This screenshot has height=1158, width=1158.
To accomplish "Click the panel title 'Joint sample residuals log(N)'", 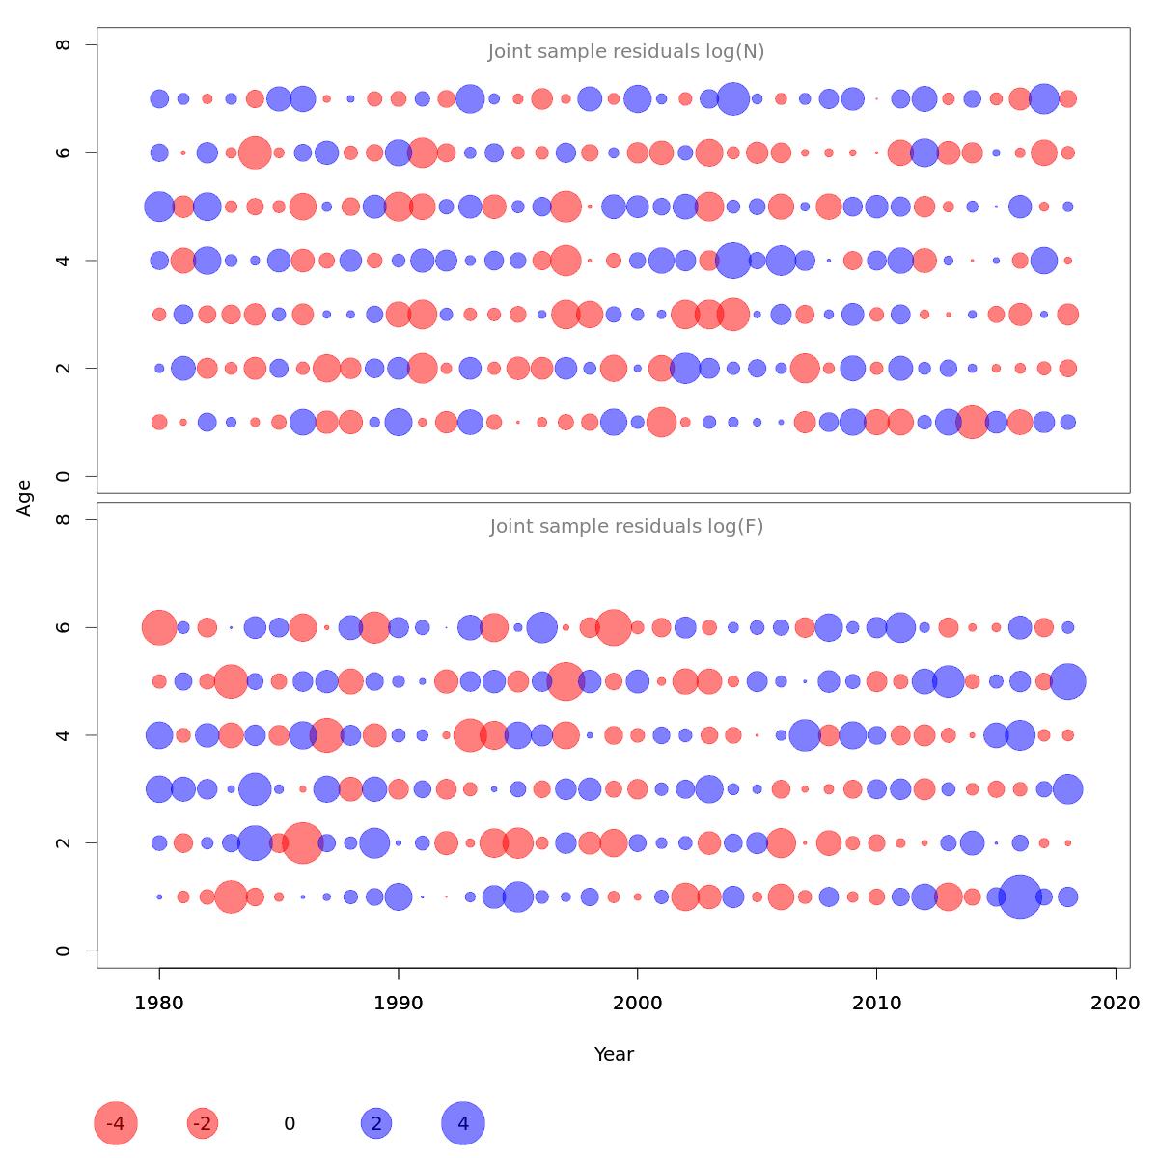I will [626, 52].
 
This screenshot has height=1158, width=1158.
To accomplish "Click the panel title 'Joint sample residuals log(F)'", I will [626, 527].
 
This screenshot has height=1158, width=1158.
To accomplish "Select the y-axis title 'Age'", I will [25, 498].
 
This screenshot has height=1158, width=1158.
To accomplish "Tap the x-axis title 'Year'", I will [614, 1054].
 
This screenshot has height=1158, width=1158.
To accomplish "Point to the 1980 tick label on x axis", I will [159, 1004].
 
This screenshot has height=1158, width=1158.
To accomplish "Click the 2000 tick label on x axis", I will [638, 1004].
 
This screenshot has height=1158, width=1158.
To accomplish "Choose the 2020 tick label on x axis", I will [1116, 1004].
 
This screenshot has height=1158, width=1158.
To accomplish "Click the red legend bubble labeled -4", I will [116, 1123].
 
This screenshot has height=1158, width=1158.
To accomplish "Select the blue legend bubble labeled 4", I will [463, 1123].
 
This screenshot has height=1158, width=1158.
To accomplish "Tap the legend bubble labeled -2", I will [203, 1123].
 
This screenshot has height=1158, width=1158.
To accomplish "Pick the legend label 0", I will [289, 1123].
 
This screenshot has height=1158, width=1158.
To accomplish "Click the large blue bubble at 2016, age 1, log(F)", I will [1020, 896].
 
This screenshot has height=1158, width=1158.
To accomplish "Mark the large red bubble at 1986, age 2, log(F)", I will [303, 842].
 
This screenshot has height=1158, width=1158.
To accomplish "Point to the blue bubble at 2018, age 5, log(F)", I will [1067, 681].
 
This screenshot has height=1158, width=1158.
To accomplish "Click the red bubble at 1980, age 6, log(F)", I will [159, 627].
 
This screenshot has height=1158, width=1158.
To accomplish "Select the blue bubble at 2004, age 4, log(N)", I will [733, 261].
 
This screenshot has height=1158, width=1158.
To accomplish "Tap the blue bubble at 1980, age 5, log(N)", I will [159, 207].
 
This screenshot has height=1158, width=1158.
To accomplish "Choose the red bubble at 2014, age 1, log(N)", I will [972, 422].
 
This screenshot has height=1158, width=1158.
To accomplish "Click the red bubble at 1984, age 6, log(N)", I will [255, 152].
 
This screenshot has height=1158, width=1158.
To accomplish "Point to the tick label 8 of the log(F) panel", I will [64, 520].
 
